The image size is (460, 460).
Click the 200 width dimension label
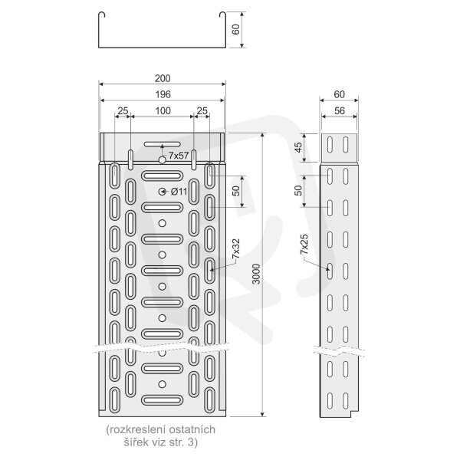click(x=163, y=78)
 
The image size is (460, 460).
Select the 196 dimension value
click(x=163, y=94)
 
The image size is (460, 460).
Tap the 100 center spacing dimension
click(x=163, y=110)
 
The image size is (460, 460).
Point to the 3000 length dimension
click(x=256, y=274)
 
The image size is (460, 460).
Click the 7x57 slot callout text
click(x=179, y=156)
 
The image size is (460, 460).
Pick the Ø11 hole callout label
click(x=179, y=192)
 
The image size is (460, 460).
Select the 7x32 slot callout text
click(x=236, y=248)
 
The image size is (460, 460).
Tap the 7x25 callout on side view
click(x=304, y=244)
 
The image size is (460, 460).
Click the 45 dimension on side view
click(x=298, y=147)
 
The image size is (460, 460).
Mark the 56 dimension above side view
click(x=340, y=110)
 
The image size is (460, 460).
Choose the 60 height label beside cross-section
click(x=235, y=29)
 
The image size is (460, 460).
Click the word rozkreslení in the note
click(x=131, y=429)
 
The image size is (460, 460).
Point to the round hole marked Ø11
click(x=162, y=192)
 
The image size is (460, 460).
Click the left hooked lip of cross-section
click(x=101, y=15)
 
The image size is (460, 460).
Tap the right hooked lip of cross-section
click(x=222, y=15)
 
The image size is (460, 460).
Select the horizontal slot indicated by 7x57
click(x=163, y=144)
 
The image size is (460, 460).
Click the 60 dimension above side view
click(x=340, y=94)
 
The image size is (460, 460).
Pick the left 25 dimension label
click(x=123, y=110)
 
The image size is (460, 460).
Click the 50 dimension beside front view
click(x=236, y=191)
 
